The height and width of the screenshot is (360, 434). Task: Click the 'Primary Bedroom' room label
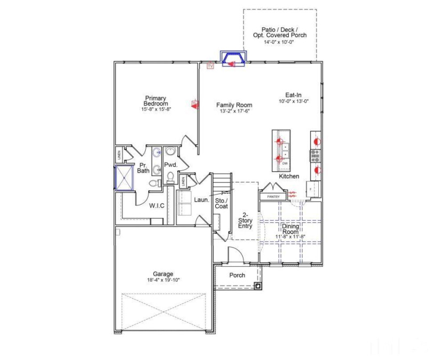pos(155,101)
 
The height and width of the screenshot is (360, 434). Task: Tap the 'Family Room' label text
pos(234,105)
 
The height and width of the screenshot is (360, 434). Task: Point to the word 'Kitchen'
pos(289,176)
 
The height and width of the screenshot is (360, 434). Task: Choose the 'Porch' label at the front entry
pos(237,275)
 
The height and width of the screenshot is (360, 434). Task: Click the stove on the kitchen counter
pos(314,155)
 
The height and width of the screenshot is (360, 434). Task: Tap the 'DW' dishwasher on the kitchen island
pos(285,163)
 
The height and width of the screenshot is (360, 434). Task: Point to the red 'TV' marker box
pos(210,66)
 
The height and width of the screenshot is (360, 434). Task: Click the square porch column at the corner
pos(258,286)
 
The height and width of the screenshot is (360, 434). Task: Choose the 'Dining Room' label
pos(290,229)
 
